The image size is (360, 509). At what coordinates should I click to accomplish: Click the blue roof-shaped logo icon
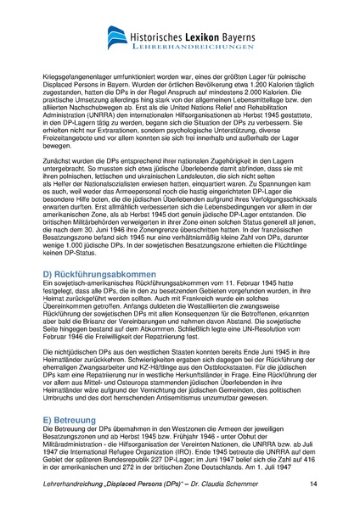click(x=118, y=36)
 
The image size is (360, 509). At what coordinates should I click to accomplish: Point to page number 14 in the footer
click(x=313, y=484)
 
